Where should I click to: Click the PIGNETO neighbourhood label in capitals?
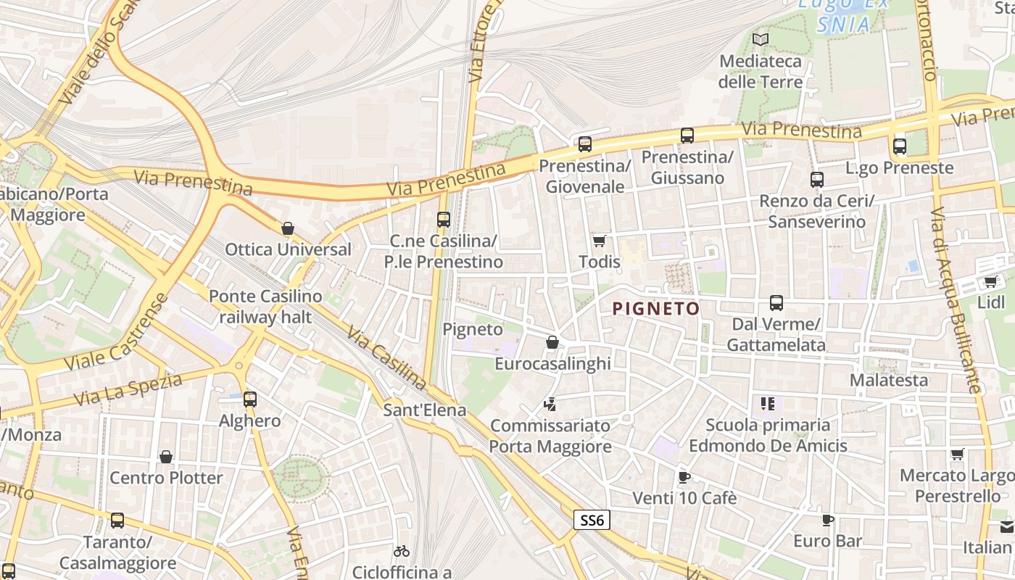pyautogui.click(x=656, y=309)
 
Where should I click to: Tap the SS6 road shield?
pyautogui.click(x=592, y=520)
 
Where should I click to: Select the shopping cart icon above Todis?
pyautogui.click(x=599, y=241)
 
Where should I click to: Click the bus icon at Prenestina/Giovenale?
pyautogui.click(x=585, y=144)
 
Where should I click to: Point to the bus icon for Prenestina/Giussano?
pyautogui.click(x=687, y=136)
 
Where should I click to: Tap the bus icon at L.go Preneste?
pyautogui.click(x=900, y=146)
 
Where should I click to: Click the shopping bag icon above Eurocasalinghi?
pyautogui.click(x=552, y=342)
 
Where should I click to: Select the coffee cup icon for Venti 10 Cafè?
pyautogui.click(x=684, y=477)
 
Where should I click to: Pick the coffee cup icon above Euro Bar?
pyautogui.click(x=828, y=520)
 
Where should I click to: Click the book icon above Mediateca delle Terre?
pyautogui.click(x=760, y=40)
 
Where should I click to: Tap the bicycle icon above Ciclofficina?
pyautogui.click(x=402, y=552)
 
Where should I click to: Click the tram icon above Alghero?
pyautogui.click(x=250, y=399)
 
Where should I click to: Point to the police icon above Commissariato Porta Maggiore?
pyautogui.click(x=550, y=404)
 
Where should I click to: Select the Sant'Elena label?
pyautogui.click(x=424, y=410)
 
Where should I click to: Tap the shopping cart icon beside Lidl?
pyautogui.click(x=990, y=281)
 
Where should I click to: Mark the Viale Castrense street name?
pyautogui.click(x=117, y=332)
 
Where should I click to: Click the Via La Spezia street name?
pyautogui.click(x=128, y=389)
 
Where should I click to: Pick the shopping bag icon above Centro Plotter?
pyautogui.click(x=166, y=457)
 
